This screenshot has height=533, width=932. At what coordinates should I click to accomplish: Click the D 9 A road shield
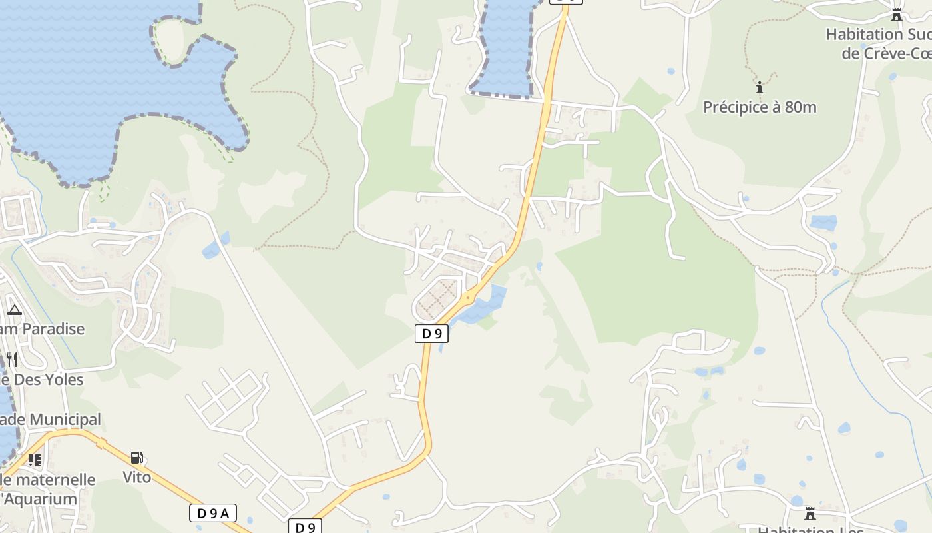tap(213, 513)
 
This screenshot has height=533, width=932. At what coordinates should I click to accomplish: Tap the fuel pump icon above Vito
tap(136, 458)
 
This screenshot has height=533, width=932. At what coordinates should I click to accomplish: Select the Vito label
tap(136, 477)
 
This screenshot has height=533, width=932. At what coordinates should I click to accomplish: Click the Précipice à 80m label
tap(760, 107)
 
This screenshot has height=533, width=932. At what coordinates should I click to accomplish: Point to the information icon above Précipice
tap(759, 87)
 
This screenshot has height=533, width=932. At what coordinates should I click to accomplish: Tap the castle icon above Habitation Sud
tap(897, 15)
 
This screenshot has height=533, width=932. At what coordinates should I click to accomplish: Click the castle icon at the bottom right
tap(810, 514)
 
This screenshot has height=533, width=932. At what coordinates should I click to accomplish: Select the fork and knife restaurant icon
tap(11, 360)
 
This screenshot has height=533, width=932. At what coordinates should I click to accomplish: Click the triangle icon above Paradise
tap(15, 310)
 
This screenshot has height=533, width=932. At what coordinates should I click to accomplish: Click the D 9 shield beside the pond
tap(431, 334)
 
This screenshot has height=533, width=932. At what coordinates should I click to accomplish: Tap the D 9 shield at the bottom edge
tap(305, 527)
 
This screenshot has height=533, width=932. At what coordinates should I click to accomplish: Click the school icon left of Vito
tap(35, 460)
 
